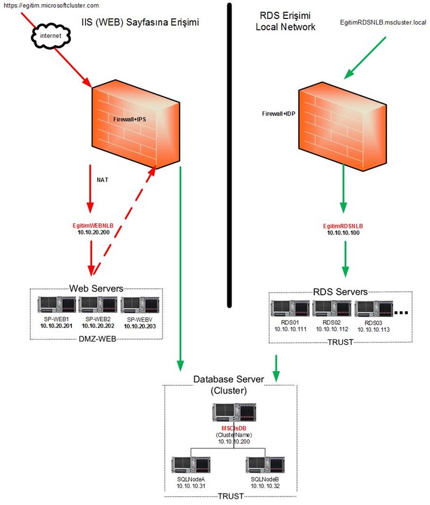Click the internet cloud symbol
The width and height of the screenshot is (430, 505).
(x=51, y=36)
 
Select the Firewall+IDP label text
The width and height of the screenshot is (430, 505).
(x=278, y=114)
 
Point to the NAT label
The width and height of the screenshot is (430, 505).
(x=103, y=180)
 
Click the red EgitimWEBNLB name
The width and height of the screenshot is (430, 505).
(x=93, y=226)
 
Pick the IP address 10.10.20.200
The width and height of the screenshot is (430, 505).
(x=94, y=233)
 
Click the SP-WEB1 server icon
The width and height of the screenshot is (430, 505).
(x=57, y=304)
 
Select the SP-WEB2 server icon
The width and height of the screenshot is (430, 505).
(x=98, y=304)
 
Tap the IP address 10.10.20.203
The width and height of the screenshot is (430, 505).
(x=140, y=326)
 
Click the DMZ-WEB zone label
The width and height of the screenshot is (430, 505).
(x=97, y=339)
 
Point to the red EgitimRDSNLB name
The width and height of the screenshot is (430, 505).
(x=343, y=226)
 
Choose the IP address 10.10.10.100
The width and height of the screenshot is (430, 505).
(x=343, y=233)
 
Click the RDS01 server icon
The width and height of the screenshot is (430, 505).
(x=290, y=308)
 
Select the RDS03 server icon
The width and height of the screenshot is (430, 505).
(x=373, y=309)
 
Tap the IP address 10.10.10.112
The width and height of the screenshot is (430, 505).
(x=332, y=329)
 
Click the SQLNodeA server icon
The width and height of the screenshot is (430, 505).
(x=191, y=465)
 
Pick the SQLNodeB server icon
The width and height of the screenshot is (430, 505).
(x=265, y=465)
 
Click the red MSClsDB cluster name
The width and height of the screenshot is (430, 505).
(x=234, y=428)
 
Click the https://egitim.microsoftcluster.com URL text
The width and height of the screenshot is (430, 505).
(x=51, y=6)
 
